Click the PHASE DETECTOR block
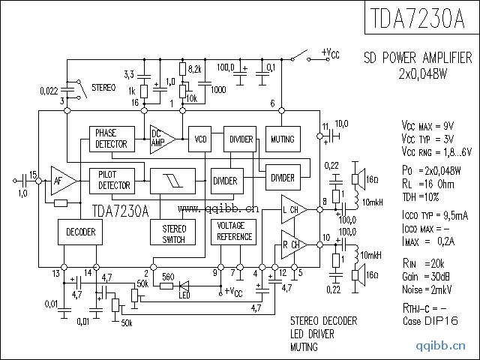[111, 138]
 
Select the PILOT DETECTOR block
[113, 180]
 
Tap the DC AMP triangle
[161, 138]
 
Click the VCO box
[200, 139]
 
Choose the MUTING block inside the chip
[282, 139]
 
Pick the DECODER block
[80, 232]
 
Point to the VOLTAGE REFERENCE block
[234, 232]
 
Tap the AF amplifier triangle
[62, 180]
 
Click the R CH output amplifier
[292, 244]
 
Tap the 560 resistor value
[169, 276]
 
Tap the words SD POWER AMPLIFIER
[417, 58]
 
